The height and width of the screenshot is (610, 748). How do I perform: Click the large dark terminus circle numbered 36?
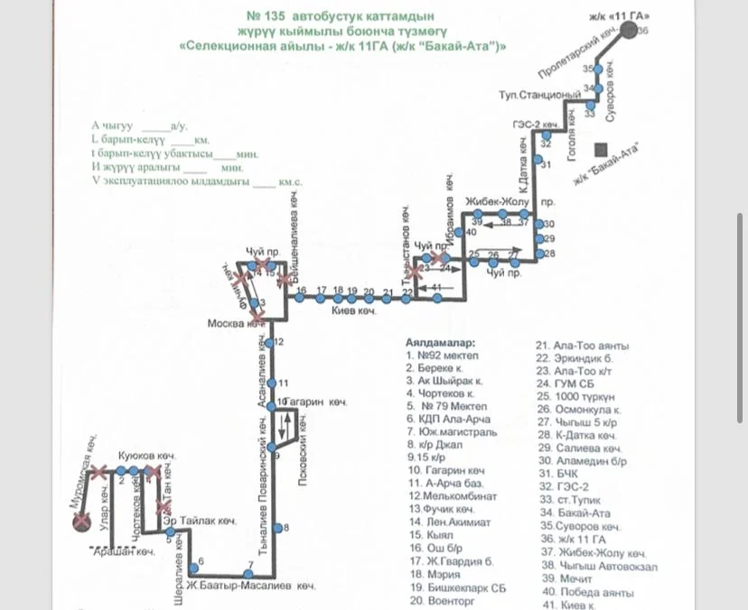click(627, 30)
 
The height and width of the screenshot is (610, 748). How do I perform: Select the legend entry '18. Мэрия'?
click(430, 573)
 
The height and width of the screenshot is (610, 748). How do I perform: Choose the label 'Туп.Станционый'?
click(539, 95)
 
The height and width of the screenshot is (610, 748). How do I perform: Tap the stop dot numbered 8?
click(285, 528)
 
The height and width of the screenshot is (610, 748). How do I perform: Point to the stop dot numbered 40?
click(459, 233)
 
